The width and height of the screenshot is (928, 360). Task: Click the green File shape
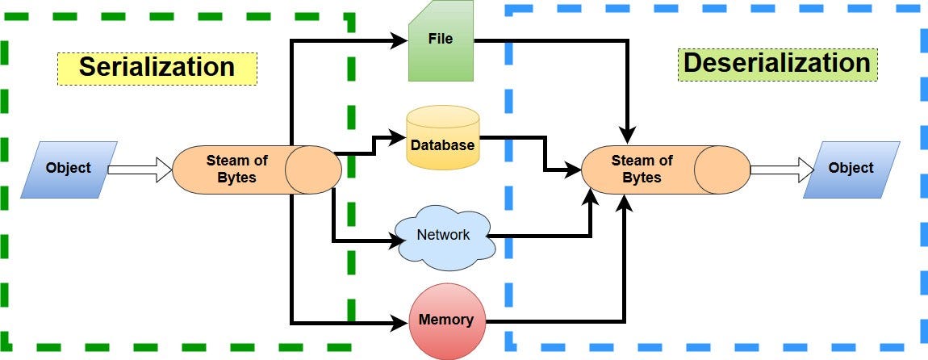tap(441, 40)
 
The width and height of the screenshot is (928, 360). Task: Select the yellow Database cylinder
tap(443, 137)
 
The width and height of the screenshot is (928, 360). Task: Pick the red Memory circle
tap(447, 321)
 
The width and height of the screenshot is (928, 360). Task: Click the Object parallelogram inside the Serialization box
tap(69, 170)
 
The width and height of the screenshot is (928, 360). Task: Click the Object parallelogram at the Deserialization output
tap(851, 170)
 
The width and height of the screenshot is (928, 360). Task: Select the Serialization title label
tap(157, 67)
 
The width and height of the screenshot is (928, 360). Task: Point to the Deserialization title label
tap(777, 63)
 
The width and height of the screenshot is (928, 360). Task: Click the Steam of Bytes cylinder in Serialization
tap(257, 170)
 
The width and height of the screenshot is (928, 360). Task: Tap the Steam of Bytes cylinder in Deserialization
tap(666, 170)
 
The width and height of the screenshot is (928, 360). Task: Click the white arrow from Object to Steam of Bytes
tap(140, 170)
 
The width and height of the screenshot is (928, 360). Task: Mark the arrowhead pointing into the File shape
tap(401, 40)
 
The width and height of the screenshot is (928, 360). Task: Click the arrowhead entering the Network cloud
tap(395, 241)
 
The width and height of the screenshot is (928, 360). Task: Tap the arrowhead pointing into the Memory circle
tap(401, 324)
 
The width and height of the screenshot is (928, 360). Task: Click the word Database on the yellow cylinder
tap(443, 144)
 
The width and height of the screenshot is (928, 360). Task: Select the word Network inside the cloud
tap(443, 234)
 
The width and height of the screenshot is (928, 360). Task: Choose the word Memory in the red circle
tap(446, 320)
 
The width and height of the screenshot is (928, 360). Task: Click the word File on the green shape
tap(441, 39)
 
